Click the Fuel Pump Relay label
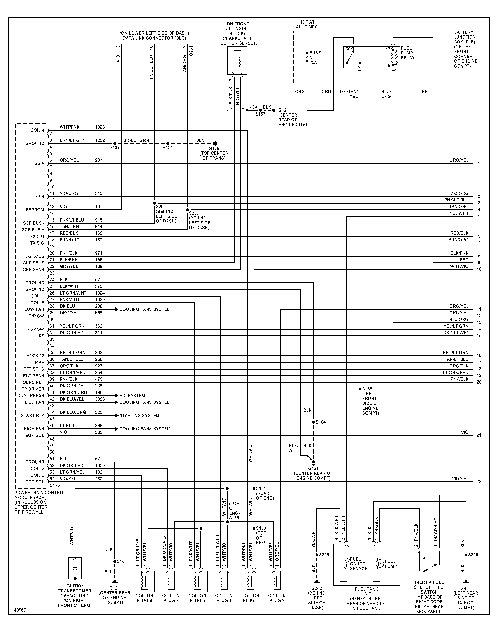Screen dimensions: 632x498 (407, 53)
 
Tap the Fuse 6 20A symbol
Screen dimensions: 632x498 (307, 57)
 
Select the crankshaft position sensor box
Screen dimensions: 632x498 (237, 60)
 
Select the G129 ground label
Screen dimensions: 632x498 (214, 148)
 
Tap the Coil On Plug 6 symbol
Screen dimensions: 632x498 (144, 581)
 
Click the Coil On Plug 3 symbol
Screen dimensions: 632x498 (277, 581)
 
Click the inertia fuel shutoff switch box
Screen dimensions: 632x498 (429, 565)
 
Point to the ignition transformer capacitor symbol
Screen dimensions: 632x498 (75, 568)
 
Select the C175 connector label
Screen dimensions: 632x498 (55, 486)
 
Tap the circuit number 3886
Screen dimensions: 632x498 (100, 399)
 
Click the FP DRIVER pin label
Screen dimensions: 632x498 (33, 389)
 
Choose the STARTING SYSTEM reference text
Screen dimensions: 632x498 (139, 415)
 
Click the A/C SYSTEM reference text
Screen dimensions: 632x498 (132, 396)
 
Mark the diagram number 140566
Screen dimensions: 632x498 (19, 610)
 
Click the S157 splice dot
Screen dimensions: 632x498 (260, 110)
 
